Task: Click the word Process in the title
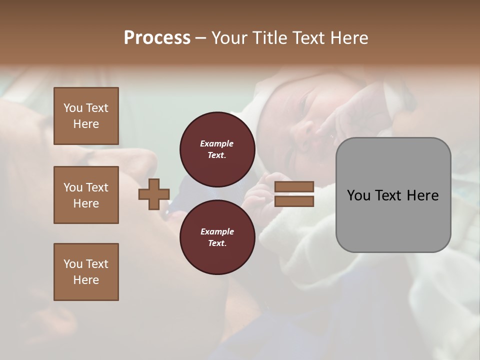point(157,38)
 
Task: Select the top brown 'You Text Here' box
point(86,116)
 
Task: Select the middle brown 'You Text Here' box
point(86,195)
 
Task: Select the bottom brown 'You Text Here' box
point(86,271)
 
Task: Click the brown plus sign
point(154,194)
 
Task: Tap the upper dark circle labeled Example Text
point(217,149)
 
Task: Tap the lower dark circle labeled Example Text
point(217,237)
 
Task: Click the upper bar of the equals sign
point(294,187)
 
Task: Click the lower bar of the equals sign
point(294,201)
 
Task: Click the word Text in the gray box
point(388,195)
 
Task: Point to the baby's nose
point(306,131)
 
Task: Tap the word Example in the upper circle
point(217,143)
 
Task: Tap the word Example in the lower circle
point(217,231)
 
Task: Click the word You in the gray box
point(358,195)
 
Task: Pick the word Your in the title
point(228,38)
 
